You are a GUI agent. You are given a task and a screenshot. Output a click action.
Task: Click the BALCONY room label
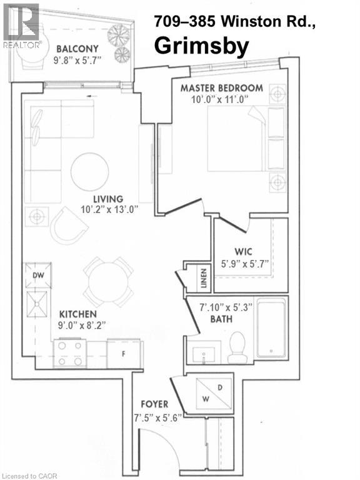click(77, 49)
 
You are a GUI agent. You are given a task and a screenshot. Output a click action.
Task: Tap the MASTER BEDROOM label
click(222, 88)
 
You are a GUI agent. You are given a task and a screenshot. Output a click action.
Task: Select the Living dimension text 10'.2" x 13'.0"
click(109, 210)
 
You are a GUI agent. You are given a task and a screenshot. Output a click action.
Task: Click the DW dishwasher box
click(38, 275)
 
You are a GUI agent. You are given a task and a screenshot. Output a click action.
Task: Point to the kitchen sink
click(37, 304)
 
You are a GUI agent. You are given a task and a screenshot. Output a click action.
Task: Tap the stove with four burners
click(70, 354)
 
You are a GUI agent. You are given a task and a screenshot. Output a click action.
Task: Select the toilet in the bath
click(237, 347)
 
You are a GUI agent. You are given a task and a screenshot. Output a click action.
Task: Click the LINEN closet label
click(204, 278)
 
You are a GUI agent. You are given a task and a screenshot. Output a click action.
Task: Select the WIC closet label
click(243, 252)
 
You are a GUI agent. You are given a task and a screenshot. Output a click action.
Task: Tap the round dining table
click(108, 282)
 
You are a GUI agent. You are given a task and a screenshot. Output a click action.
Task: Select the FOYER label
click(154, 404)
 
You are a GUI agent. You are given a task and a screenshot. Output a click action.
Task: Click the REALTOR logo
click(21, 26)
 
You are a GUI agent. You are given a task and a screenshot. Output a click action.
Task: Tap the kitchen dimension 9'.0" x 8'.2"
click(82, 325)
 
